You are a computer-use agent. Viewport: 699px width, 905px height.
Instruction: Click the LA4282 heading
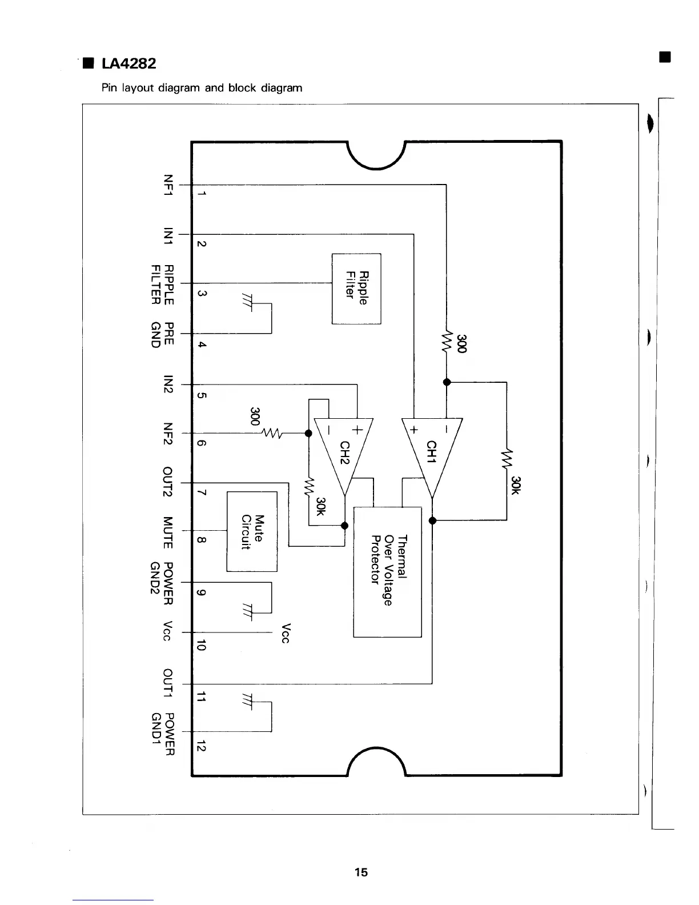click(x=128, y=63)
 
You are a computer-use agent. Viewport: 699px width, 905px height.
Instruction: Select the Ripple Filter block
click(x=356, y=288)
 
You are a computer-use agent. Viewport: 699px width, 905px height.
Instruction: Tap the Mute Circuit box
click(x=252, y=531)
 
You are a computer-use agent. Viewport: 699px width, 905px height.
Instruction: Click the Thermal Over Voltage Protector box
click(x=387, y=571)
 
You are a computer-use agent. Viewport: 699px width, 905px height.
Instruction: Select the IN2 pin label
click(x=167, y=384)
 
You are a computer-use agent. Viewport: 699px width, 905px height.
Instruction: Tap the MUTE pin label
click(x=167, y=532)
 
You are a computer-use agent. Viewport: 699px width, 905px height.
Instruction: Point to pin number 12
click(x=200, y=746)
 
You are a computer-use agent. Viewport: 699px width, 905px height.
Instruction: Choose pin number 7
click(x=200, y=492)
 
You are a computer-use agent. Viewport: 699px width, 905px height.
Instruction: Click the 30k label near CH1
click(x=516, y=485)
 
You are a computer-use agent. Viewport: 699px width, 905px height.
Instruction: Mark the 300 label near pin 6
click(x=255, y=417)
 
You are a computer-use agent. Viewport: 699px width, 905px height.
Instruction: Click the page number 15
click(x=361, y=872)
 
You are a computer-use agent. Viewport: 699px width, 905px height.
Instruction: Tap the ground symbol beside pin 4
click(x=247, y=299)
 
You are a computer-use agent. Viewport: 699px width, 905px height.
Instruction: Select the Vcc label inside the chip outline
click(x=287, y=632)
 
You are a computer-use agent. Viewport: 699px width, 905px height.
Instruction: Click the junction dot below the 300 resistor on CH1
click(x=447, y=382)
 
